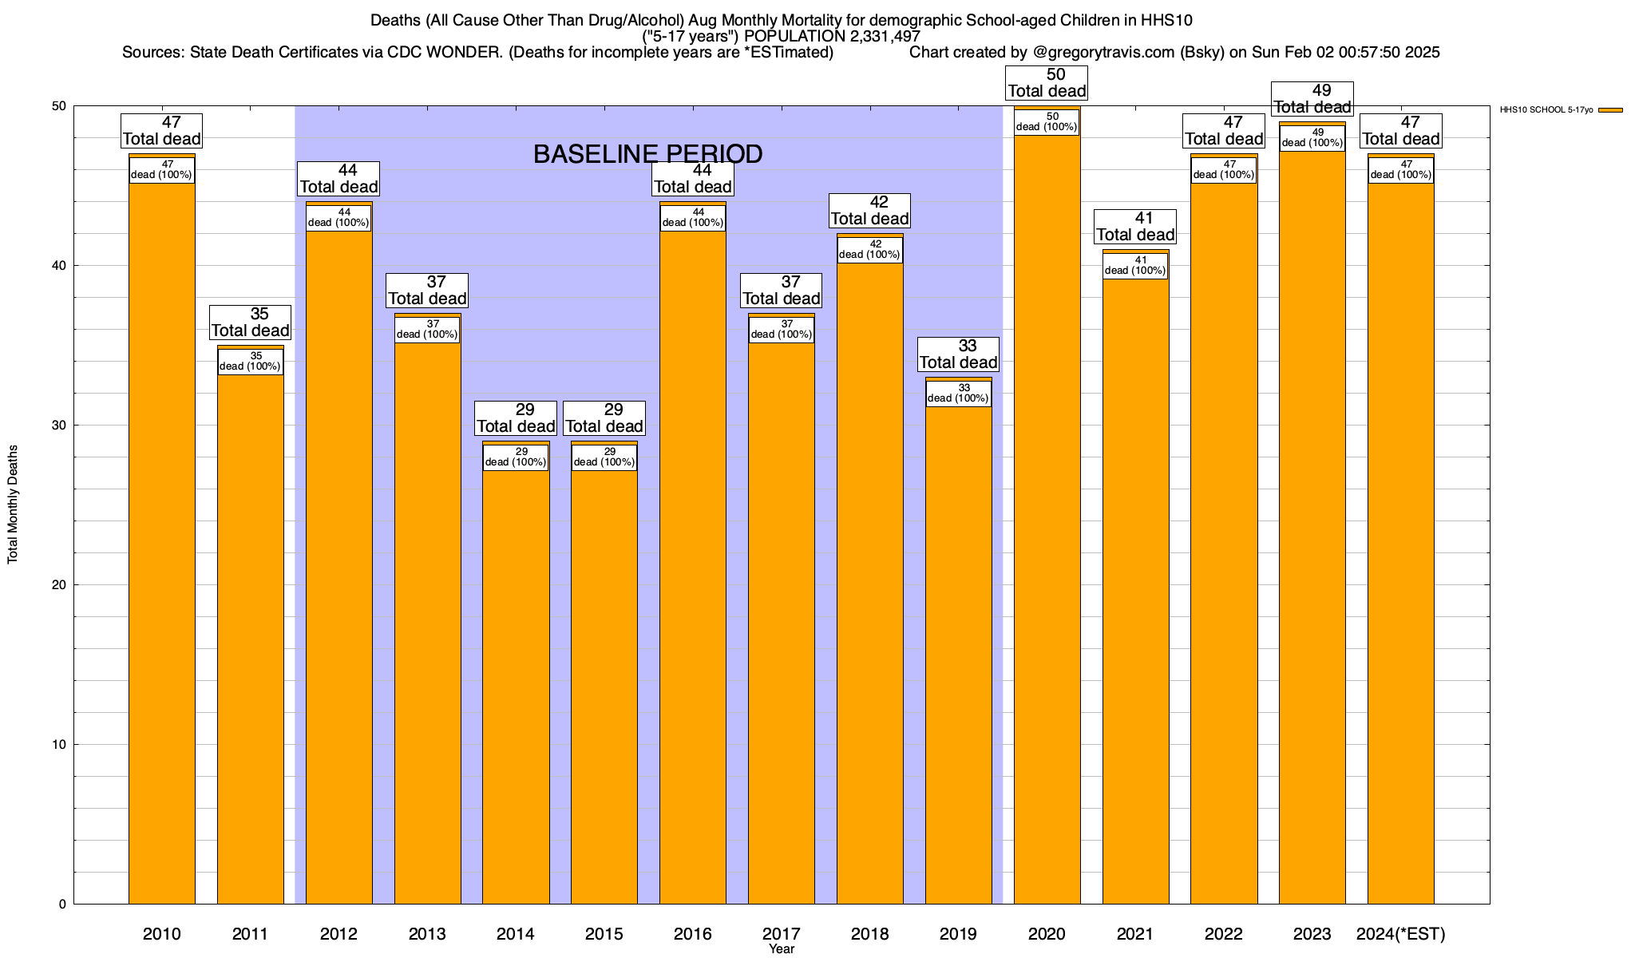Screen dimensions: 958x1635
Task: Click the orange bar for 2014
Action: (x=516, y=687)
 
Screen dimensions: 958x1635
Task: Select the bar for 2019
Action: (x=959, y=655)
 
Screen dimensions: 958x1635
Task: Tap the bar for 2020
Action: (x=1047, y=519)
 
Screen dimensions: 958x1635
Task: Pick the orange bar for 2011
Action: (x=250, y=639)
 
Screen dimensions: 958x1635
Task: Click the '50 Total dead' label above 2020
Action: (x=1047, y=83)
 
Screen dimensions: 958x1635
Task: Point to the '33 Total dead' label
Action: (x=958, y=354)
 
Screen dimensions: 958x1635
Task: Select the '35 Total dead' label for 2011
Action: (x=250, y=323)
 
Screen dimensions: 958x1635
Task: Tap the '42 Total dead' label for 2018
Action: (x=869, y=211)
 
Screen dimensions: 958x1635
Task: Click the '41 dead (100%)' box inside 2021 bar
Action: (x=1135, y=265)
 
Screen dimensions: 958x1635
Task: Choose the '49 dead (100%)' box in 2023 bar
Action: (x=1312, y=137)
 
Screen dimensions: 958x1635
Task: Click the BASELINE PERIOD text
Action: (x=647, y=154)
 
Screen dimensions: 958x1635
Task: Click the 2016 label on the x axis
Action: (x=692, y=934)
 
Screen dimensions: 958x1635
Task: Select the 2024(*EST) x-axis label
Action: (x=1400, y=934)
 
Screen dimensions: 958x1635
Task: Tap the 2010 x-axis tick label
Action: (x=161, y=934)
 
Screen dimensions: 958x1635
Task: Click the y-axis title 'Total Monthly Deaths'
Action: (x=13, y=505)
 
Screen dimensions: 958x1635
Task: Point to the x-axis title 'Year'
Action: (x=782, y=949)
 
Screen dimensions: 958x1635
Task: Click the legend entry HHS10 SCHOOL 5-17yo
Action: (x=1546, y=110)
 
